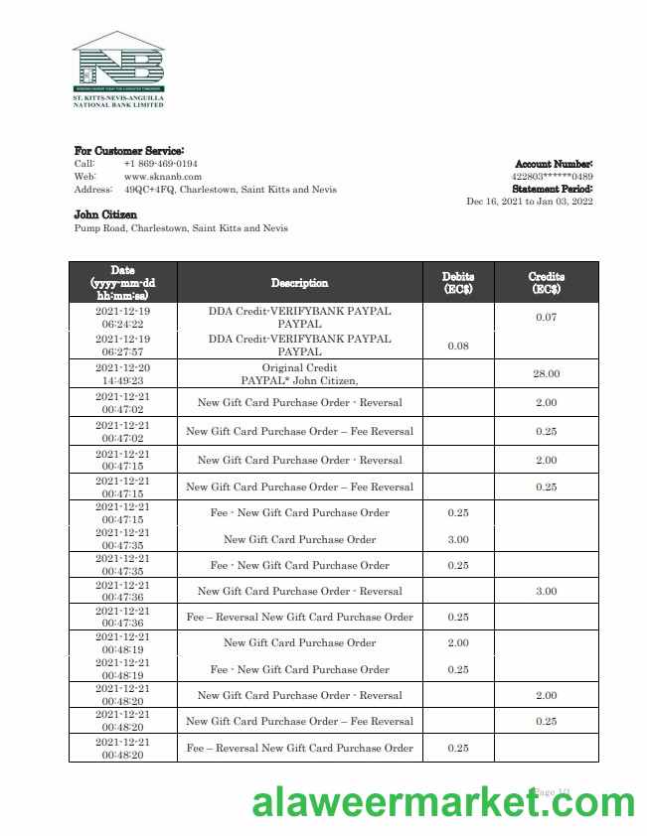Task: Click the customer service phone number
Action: pos(160,164)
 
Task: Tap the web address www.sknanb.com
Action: pos(162,177)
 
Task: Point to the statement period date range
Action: pos(530,202)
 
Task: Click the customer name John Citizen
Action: pos(105,214)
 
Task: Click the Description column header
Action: pos(299,283)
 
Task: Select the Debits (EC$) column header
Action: pos(458,283)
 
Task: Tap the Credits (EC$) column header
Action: pos(546,283)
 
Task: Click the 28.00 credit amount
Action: pos(546,373)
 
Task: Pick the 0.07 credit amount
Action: pos(546,318)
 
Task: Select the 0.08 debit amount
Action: pos(458,346)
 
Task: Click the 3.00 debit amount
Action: pos(458,539)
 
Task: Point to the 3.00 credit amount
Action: pos(546,591)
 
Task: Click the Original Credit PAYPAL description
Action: pos(299,373)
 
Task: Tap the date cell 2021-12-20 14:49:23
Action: pos(122,373)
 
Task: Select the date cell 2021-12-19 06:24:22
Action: pos(122,318)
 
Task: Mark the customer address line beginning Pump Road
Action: pos(181,228)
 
